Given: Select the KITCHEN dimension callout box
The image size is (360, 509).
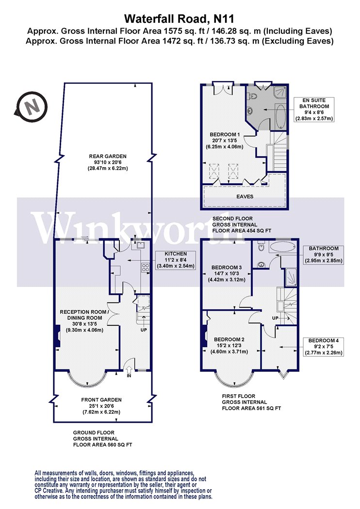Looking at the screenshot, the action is point(176,260).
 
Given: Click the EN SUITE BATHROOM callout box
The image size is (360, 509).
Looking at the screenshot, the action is point(314,110).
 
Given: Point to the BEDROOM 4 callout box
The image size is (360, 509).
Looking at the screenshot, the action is point(323,347).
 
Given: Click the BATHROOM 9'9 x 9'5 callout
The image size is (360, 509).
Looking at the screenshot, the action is point(323,254).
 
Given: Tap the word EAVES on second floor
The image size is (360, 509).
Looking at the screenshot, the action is point(245,196).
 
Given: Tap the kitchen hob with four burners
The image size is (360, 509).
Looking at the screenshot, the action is point(145,268).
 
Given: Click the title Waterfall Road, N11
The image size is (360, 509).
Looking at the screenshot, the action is point(180,19).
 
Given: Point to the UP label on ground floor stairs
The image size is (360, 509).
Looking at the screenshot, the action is point(144,330).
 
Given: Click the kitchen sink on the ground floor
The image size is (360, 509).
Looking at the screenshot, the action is point(141,245).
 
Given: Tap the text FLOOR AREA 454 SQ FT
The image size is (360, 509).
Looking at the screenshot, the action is point(242,230).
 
